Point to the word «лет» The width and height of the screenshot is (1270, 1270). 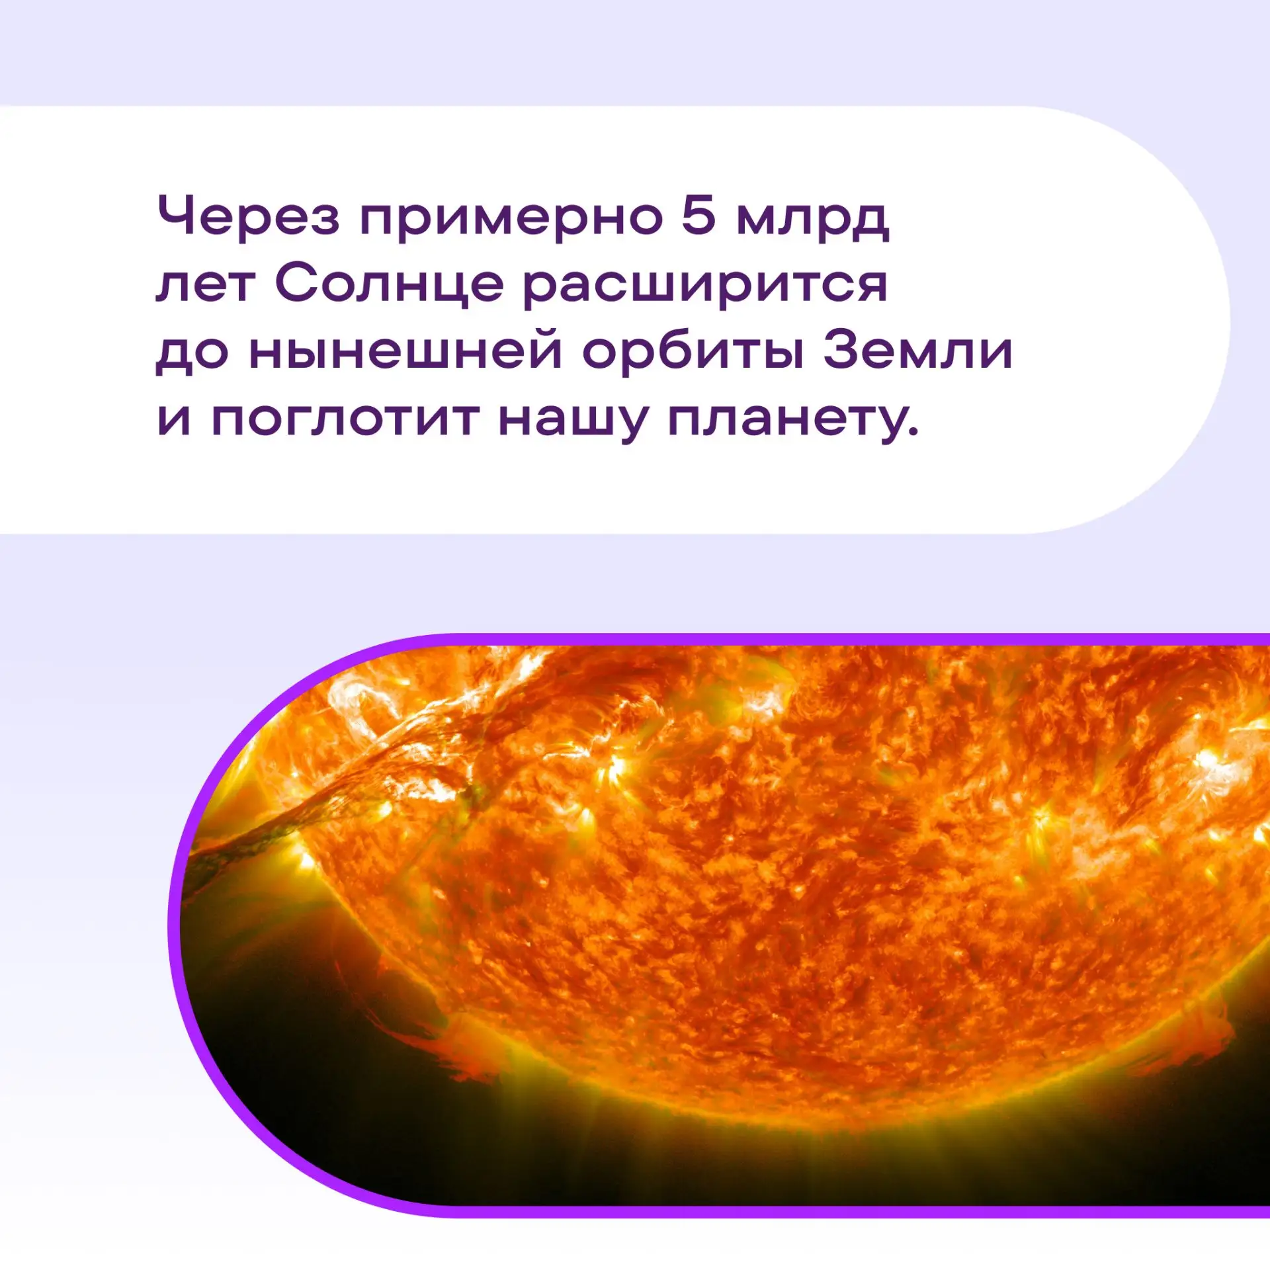[204, 285]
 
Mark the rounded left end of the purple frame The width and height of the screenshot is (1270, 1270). [174, 926]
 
